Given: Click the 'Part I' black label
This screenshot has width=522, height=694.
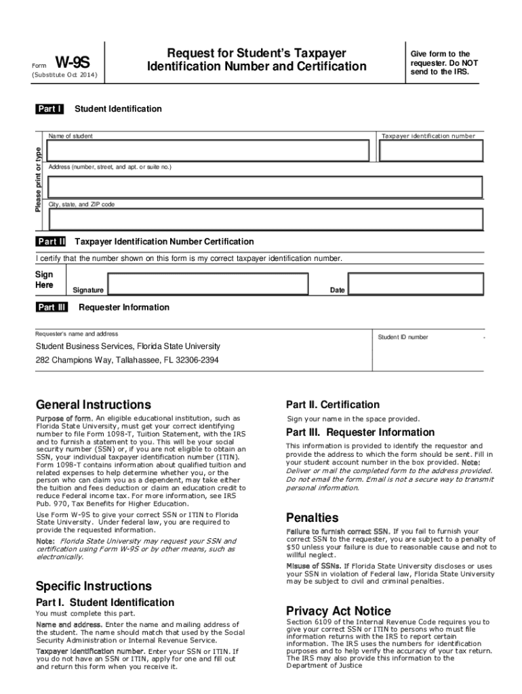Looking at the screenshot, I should pos(50,109).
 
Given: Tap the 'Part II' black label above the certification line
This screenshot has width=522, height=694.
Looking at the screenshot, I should pos(52,242).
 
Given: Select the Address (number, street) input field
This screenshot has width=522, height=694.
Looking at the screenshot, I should pos(264,186).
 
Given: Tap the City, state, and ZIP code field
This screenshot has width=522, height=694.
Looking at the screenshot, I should pos(264,220).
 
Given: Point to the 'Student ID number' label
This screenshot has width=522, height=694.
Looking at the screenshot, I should pos(403,337).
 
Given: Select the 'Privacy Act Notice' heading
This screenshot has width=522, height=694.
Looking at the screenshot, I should pos(338,611).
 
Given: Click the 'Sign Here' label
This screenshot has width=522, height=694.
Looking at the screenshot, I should pos(44,280).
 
